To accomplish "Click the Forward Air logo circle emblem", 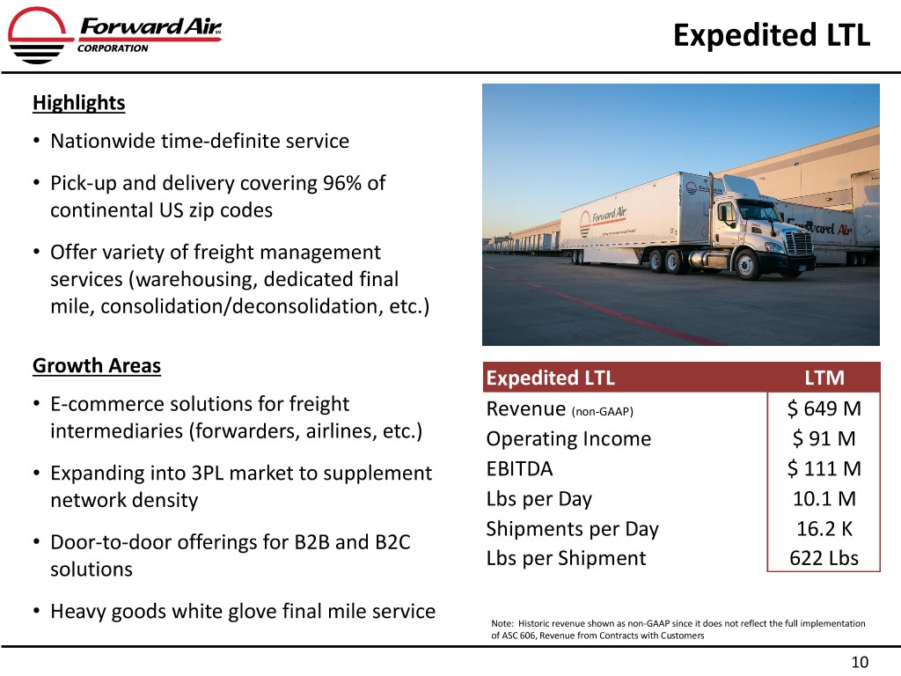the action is (37, 34).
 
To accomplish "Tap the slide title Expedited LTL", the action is (771, 35).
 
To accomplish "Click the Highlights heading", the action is (78, 103).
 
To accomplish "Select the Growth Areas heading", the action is (97, 365).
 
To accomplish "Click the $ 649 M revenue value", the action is (824, 408).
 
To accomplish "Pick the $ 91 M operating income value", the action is (824, 438).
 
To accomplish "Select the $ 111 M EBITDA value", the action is (824, 468).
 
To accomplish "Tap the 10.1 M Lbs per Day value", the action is (824, 498).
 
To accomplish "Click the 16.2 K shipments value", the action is (824, 528).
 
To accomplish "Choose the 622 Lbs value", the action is (824, 558).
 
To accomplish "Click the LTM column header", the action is (824, 378).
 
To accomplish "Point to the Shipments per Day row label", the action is (572, 529).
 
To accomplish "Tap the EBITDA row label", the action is (519, 469).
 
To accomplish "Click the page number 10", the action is (860, 662).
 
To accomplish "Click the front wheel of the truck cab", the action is (746, 265).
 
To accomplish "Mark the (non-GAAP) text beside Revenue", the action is (602, 412).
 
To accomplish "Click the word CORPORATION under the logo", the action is (113, 48).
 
